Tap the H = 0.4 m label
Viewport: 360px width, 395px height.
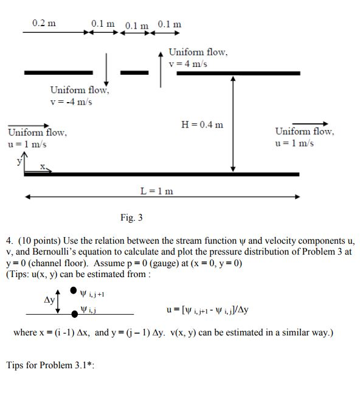(x=202, y=125)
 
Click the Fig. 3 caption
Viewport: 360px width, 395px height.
(x=131, y=218)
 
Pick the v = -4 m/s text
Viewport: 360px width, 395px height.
(x=71, y=101)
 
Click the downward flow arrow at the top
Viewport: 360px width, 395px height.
(x=106, y=69)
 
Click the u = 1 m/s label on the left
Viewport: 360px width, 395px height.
(x=27, y=144)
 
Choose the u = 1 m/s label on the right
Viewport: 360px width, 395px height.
(x=295, y=143)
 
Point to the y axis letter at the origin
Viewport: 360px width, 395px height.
(x=19, y=161)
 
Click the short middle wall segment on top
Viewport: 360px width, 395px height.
(x=134, y=73)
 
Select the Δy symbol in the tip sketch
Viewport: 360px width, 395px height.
(x=46, y=301)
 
